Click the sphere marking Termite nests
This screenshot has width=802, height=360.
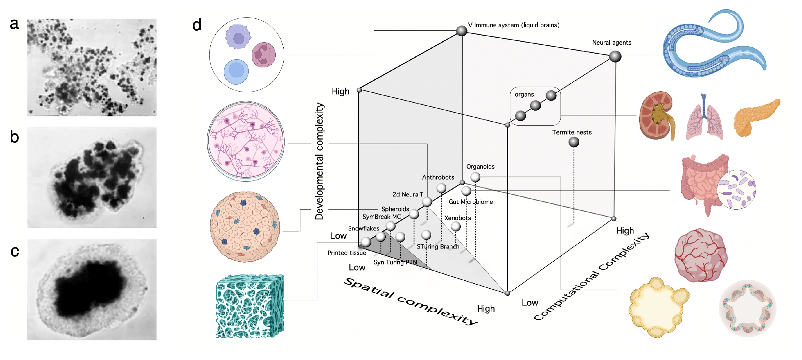click(x=573, y=142)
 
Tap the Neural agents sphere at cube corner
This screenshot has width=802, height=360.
click(x=615, y=57)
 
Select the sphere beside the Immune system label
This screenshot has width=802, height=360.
click(x=461, y=31)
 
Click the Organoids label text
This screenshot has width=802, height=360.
click(x=480, y=167)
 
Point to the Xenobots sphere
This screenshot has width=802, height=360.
click(x=456, y=226)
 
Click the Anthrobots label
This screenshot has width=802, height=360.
click(x=438, y=177)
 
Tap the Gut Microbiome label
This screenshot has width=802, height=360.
click(x=471, y=202)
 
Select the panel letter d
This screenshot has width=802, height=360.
click(x=197, y=25)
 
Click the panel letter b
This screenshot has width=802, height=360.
click(x=14, y=137)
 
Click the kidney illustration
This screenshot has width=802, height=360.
click(x=656, y=115)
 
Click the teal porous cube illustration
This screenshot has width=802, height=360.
click(x=250, y=306)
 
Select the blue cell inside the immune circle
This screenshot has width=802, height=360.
click(x=236, y=72)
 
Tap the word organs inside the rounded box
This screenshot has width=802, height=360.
click(x=524, y=94)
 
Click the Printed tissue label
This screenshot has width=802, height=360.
click(x=346, y=253)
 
